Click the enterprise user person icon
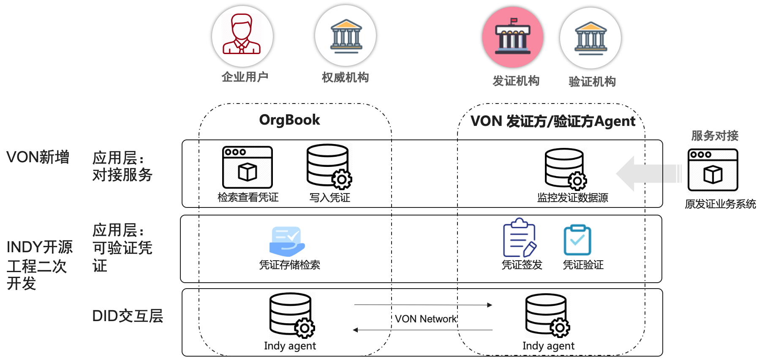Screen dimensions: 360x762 tap(242, 35)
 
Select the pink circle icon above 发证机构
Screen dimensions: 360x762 tap(512, 37)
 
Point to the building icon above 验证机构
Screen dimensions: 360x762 tap(590, 38)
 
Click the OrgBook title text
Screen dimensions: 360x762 tap(289, 120)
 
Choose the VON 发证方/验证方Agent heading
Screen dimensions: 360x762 tap(552, 121)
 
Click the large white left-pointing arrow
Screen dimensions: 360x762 tap(648, 173)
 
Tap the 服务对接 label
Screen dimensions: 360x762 tap(715, 136)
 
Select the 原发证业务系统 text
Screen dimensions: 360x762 tap(720, 204)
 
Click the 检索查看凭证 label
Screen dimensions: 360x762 tap(248, 197)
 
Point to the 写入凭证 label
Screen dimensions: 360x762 tap(329, 197)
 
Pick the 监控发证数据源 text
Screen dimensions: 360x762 tap(572, 197)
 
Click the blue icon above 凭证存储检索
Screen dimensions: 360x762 tap(287, 241)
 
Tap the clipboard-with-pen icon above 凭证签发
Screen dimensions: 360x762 tap(520, 238)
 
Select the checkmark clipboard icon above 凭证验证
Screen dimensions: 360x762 tap(577, 240)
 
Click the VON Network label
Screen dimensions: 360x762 tap(426, 319)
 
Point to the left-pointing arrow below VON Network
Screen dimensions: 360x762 tap(422, 330)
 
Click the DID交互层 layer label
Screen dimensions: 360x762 tap(127, 316)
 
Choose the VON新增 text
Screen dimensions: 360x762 tap(38, 157)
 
